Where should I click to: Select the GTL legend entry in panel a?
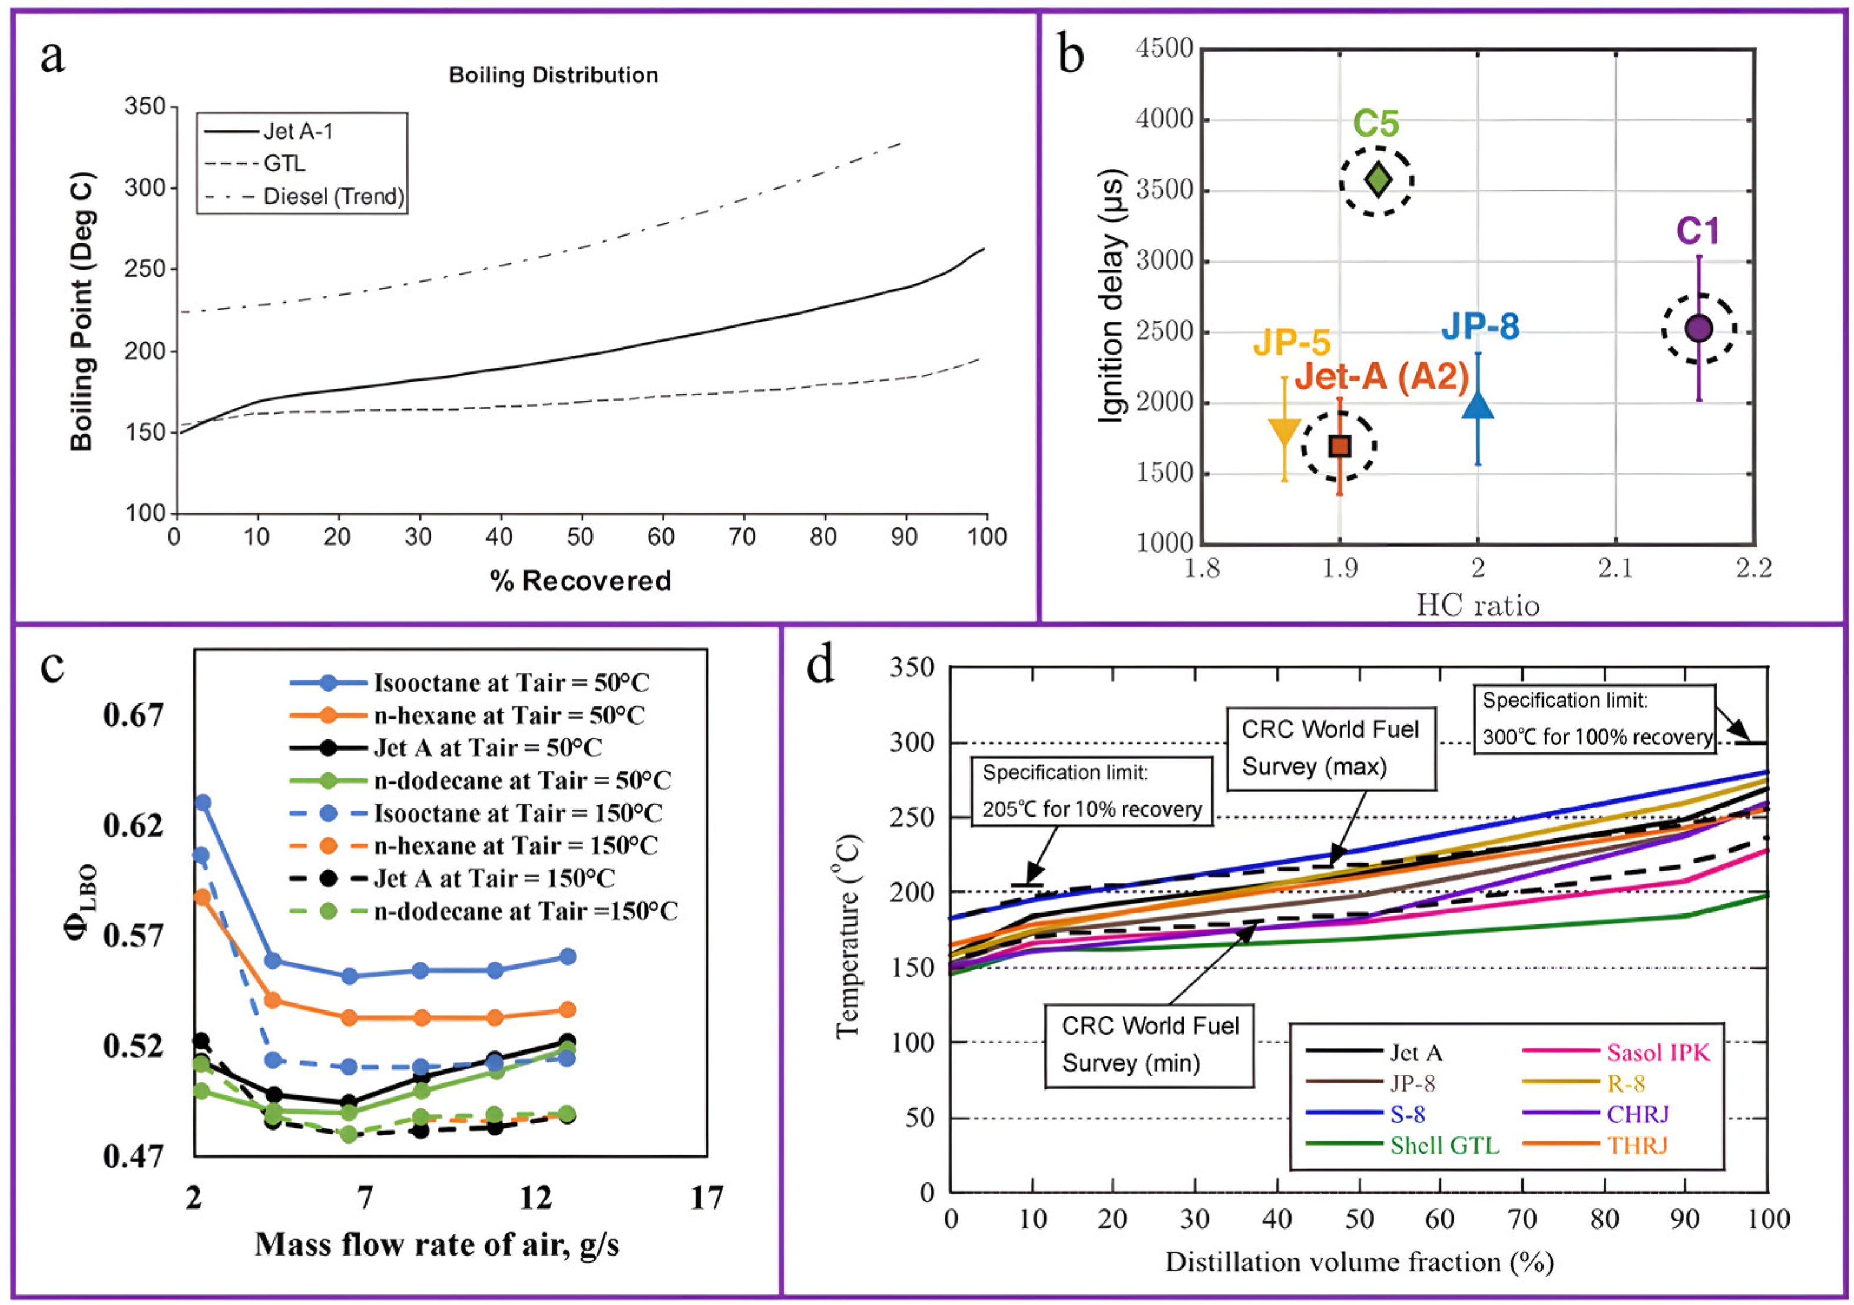255,164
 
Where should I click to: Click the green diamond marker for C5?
1378,180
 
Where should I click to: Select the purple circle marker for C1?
1699,329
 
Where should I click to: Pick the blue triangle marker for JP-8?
1478,404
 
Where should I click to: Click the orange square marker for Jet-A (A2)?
1340,446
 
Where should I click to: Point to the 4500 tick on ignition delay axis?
1164,48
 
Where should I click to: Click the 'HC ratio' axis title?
1478,606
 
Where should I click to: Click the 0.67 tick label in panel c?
133,715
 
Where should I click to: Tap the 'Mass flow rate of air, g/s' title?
437,1244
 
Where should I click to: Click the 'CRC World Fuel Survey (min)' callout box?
1150,1045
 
